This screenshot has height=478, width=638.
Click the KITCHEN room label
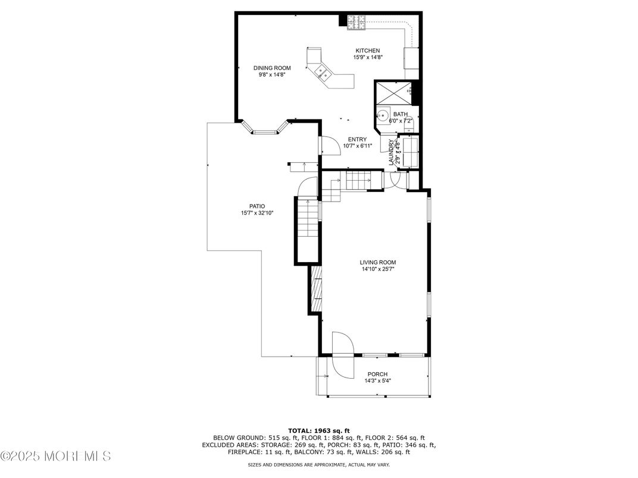(x=368, y=51)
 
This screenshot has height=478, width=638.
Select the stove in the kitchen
(x=356, y=21)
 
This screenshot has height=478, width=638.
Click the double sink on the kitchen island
(x=324, y=73)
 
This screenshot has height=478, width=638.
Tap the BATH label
(x=401, y=114)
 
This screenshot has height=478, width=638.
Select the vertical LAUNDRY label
(x=391, y=152)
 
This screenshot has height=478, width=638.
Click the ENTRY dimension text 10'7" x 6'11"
(x=358, y=146)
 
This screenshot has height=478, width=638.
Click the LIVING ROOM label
(x=377, y=262)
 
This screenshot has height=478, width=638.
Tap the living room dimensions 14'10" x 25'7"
(x=377, y=269)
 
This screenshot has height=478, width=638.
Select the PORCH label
(x=377, y=374)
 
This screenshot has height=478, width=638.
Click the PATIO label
(x=257, y=206)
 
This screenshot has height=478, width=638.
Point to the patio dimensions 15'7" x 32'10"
(x=257, y=213)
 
